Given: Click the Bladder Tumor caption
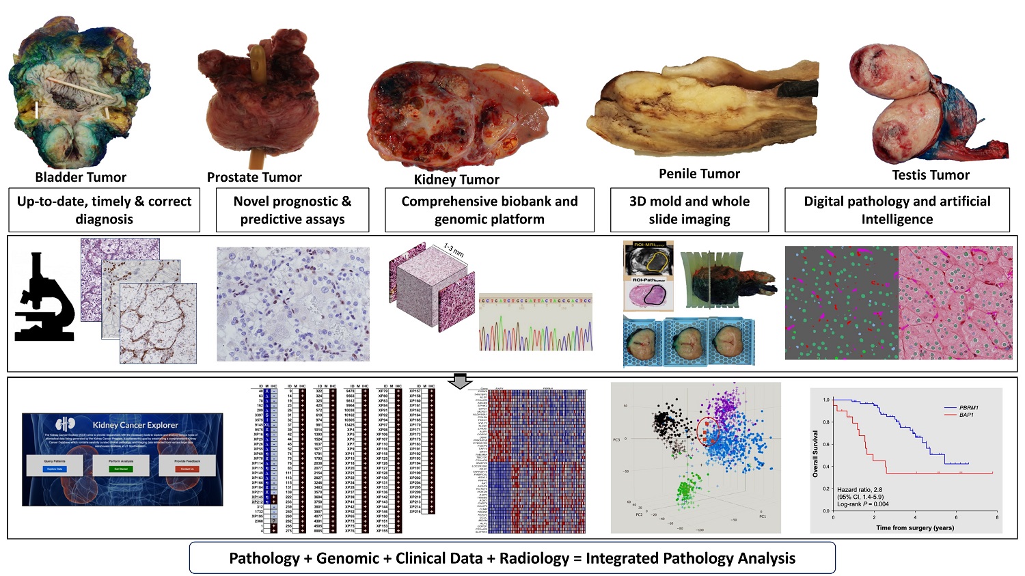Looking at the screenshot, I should (81, 178).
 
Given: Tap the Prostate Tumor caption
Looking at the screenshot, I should (254, 178).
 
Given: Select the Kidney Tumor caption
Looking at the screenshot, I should (456, 180).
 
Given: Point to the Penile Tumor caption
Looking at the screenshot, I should (699, 174).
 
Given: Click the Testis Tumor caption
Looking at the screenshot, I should (931, 175).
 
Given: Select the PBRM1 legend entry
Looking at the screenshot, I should (968, 408).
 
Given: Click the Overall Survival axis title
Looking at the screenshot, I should (815, 454).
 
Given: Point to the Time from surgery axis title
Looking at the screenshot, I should (915, 527).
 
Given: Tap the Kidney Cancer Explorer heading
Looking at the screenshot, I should (135, 425).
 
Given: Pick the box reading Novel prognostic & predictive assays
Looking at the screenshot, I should (292, 210).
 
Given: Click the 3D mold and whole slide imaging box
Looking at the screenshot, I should (689, 210).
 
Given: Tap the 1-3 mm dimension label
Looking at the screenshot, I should (453, 250).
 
